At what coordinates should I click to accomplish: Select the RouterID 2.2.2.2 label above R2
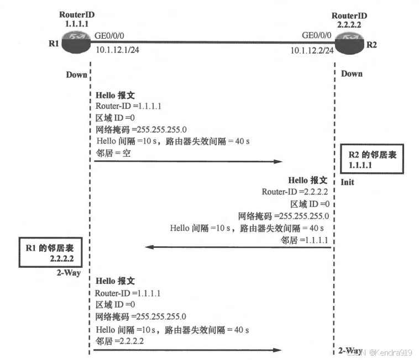(x=348, y=20)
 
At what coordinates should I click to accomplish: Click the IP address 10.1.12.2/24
(x=312, y=50)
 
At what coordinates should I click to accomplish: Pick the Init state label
(x=347, y=182)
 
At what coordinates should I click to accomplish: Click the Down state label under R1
(x=76, y=75)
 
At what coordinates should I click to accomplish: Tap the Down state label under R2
(x=352, y=73)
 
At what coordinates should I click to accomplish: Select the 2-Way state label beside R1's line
(x=70, y=272)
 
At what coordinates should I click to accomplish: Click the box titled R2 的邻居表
(x=372, y=160)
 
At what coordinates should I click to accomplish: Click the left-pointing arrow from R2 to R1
(x=238, y=247)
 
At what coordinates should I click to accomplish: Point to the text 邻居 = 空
(x=113, y=152)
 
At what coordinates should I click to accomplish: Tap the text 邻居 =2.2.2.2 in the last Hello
(x=120, y=341)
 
